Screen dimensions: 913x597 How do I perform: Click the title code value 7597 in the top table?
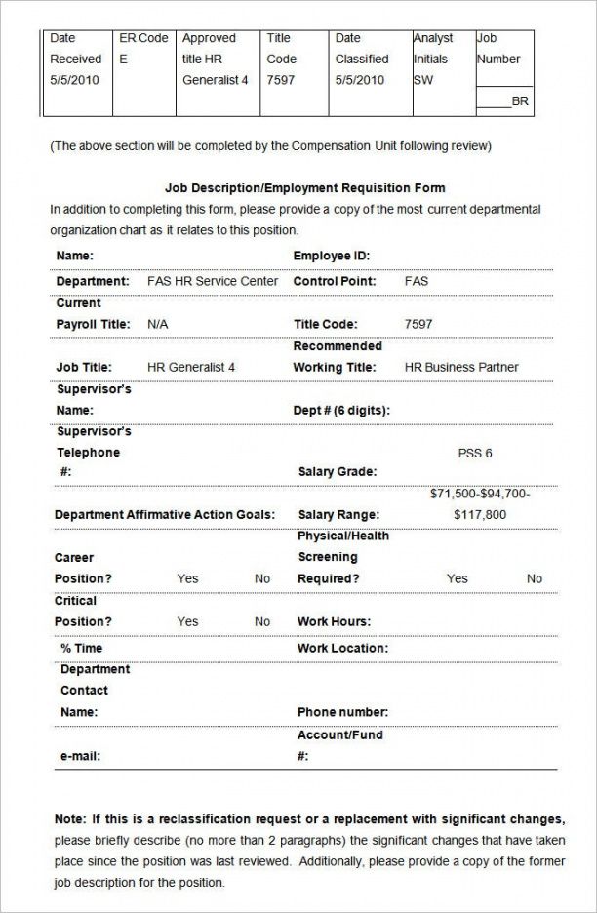tap(280, 80)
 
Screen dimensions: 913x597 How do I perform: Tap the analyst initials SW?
tap(423, 80)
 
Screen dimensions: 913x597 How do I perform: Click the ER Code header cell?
tap(142, 38)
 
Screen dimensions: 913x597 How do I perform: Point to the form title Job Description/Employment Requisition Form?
tap(305, 187)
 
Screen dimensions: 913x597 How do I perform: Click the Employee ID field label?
tap(332, 256)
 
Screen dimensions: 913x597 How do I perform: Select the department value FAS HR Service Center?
tap(213, 281)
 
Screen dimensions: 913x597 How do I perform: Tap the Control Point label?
tap(335, 281)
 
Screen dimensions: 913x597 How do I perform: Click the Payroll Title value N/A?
tap(157, 324)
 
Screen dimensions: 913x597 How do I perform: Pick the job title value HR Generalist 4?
tap(191, 367)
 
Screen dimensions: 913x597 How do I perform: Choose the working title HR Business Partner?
tap(461, 367)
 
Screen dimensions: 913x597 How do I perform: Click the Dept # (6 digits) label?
tap(341, 411)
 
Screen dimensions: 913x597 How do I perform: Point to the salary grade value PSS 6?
tap(475, 453)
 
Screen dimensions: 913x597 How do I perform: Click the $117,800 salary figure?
tap(480, 514)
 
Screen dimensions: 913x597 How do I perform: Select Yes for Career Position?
tap(187, 578)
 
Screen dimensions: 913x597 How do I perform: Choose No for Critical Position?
tap(262, 621)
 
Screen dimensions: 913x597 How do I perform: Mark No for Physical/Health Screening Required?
tap(535, 578)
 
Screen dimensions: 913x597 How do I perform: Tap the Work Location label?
tap(342, 648)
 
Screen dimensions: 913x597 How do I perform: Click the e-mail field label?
tap(80, 755)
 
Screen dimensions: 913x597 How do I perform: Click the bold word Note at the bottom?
tap(69, 818)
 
